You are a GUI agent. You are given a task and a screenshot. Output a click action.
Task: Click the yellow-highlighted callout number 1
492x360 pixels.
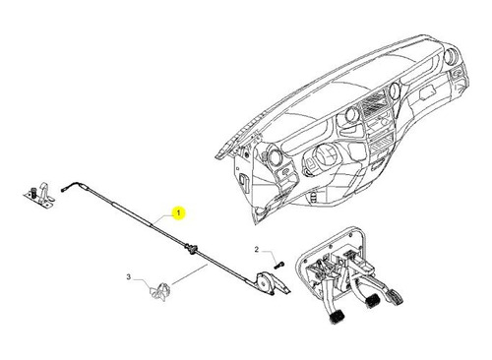pos(178,213)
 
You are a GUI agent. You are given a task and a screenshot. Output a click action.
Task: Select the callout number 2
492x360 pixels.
pos(257,250)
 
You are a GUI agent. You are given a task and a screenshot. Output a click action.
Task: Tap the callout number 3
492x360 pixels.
pos(129,277)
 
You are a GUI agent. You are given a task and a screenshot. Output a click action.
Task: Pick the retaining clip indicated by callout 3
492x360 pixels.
pos(160,291)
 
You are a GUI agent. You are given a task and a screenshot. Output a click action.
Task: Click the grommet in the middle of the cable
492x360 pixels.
pos(190,249)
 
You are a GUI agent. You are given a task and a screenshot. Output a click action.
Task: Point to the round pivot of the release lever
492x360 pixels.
pos(263,279)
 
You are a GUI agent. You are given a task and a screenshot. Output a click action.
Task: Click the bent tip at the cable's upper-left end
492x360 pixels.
pos(64,189)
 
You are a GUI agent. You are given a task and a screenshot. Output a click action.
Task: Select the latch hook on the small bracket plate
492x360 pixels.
pos(44,191)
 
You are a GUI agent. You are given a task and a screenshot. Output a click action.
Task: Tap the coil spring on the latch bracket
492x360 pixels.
pos(33,192)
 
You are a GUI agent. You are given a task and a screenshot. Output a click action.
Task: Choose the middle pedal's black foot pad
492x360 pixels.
pos(371,300)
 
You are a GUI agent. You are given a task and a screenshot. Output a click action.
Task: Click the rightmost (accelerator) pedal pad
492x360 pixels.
pos(395,297)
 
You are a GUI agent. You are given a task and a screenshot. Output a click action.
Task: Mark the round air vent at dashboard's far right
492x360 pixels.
pos(451,56)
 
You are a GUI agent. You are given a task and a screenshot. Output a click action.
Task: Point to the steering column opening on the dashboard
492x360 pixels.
pos(325,154)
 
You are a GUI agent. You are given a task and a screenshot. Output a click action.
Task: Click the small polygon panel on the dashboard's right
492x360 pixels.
pos(428,94)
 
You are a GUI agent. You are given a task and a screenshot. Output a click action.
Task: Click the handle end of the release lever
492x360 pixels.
pos(281,287)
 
